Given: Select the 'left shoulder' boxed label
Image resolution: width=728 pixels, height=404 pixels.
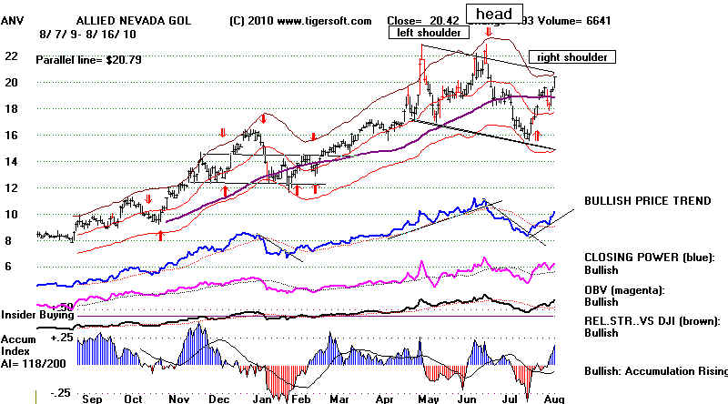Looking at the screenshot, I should click(x=430, y=33).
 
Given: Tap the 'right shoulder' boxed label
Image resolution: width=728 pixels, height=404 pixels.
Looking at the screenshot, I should click(x=572, y=56).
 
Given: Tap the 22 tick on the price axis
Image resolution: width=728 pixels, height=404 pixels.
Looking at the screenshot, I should click(x=12, y=56).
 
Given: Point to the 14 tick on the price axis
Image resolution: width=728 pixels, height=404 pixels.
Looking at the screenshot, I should click(x=12, y=162).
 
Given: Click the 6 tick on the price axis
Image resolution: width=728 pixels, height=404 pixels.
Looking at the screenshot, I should click(x=7, y=267).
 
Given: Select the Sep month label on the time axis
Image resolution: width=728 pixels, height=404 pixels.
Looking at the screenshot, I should click(x=90, y=399).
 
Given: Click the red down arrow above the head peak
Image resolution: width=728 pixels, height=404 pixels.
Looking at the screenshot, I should click(x=490, y=33).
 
